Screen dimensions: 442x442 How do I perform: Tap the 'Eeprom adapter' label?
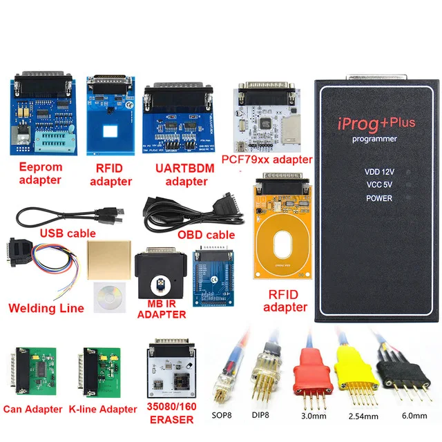coord(41,174)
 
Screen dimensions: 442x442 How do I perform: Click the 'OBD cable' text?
coord(206,235)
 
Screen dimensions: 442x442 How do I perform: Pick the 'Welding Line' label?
coord(46,308)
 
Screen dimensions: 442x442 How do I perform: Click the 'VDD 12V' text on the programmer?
coord(378,171)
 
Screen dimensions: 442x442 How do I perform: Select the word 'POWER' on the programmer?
coord(378,198)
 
